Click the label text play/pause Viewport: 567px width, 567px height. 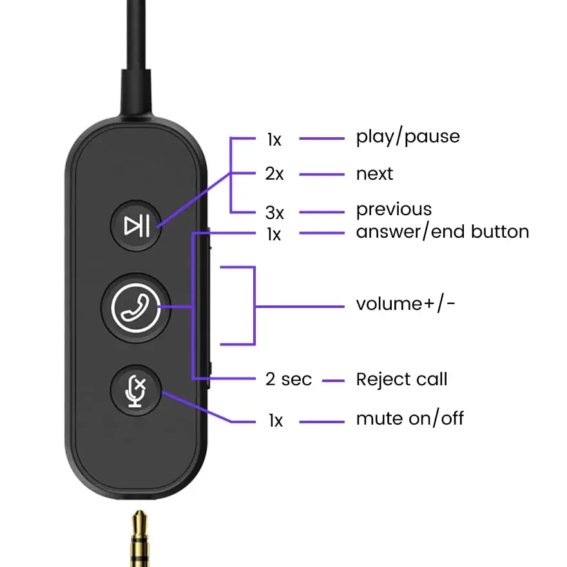click(x=408, y=137)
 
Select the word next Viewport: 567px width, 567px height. click(x=374, y=174)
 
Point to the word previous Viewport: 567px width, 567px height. click(x=394, y=210)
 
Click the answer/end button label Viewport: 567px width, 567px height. click(x=442, y=232)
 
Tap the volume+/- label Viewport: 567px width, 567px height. click(x=405, y=303)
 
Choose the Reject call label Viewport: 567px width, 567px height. click(x=401, y=379)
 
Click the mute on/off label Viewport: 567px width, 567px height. click(x=410, y=419)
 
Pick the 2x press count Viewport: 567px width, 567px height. click(x=274, y=174)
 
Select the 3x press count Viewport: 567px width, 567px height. click(x=274, y=211)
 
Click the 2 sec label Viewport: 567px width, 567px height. click(x=288, y=380)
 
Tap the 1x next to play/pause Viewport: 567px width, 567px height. click(x=274, y=139)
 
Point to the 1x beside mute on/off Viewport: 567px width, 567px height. click(x=275, y=421)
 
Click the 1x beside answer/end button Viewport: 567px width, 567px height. click(x=274, y=235)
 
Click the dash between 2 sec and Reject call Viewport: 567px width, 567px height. click(x=333, y=380)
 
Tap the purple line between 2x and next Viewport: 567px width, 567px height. click(x=322, y=174)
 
